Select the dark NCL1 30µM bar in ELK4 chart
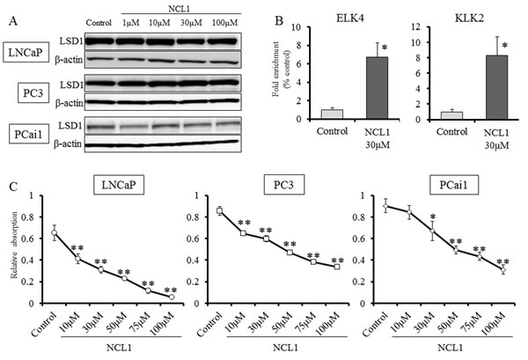pos(352,88)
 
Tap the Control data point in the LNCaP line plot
pos(55,233)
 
